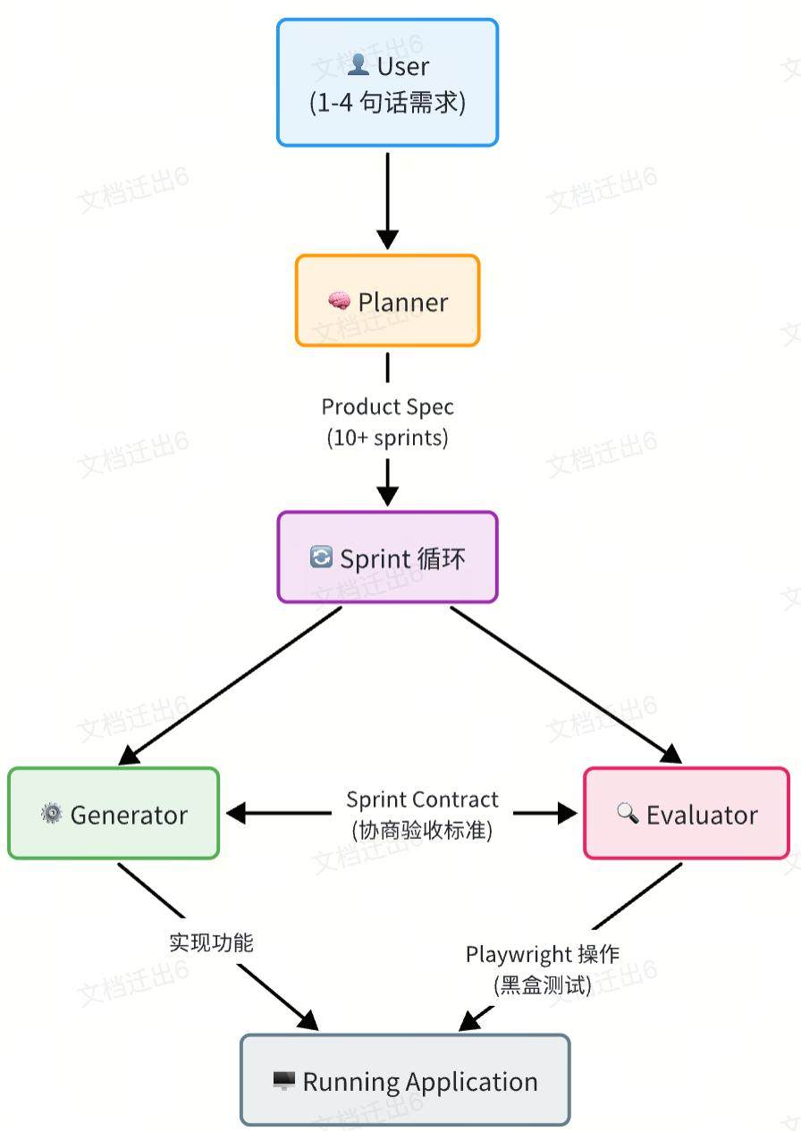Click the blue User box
(387, 82)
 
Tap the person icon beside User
(358, 65)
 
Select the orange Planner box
(387, 300)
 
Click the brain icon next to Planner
(339, 302)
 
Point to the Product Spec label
(387, 407)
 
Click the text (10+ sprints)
(387, 439)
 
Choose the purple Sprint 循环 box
(387, 557)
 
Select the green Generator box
(114, 813)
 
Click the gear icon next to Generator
(52, 814)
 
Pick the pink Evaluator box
(687, 813)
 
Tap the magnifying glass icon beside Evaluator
(628, 813)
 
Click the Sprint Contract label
(422, 800)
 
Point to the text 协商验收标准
(422, 830)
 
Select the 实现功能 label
(211, 942)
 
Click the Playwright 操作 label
(543, 954)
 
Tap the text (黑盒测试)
(543, 985)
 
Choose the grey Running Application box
(405, 1080)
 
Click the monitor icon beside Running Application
(283, 1082)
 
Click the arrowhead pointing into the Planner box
(387, 239)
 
